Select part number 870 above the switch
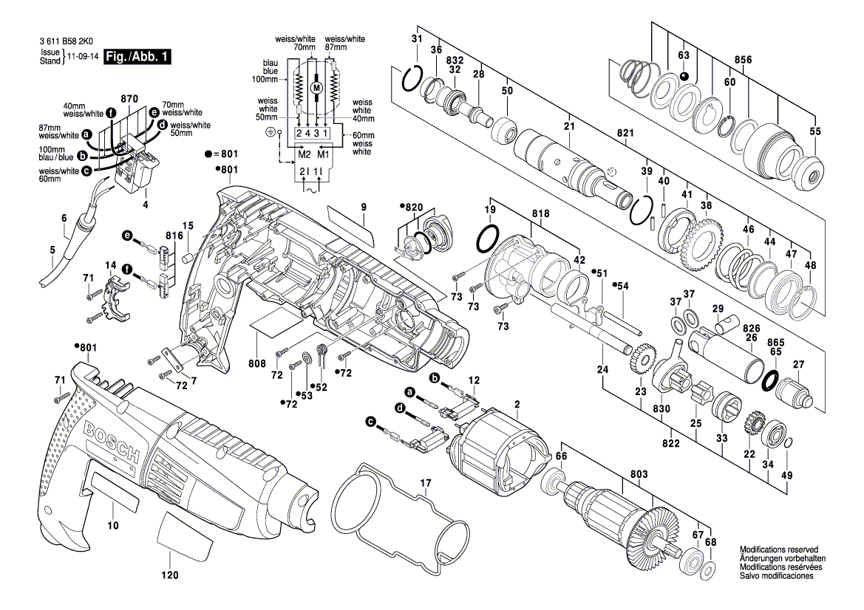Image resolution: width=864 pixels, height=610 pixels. pyautogui.click(x=129, y=99)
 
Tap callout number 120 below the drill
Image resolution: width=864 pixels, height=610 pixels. pyautogui.click(x=170, y=575)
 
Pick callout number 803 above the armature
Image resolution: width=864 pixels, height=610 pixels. pyautogui.click(x=639, y=473)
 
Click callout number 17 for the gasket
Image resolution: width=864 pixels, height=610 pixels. pyautogui.click(x=425, y=484)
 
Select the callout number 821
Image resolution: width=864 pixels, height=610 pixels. pyautogui.click(x=626, y=133)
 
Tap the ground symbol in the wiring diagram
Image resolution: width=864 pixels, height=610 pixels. pyautogui.click(x=271, y=131)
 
